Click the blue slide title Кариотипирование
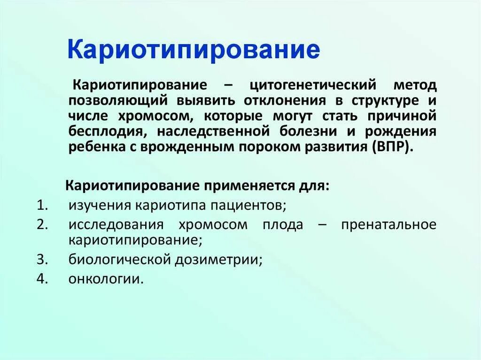(194, 50)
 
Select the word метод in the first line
(415, 86)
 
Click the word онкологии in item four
(106, 279)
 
